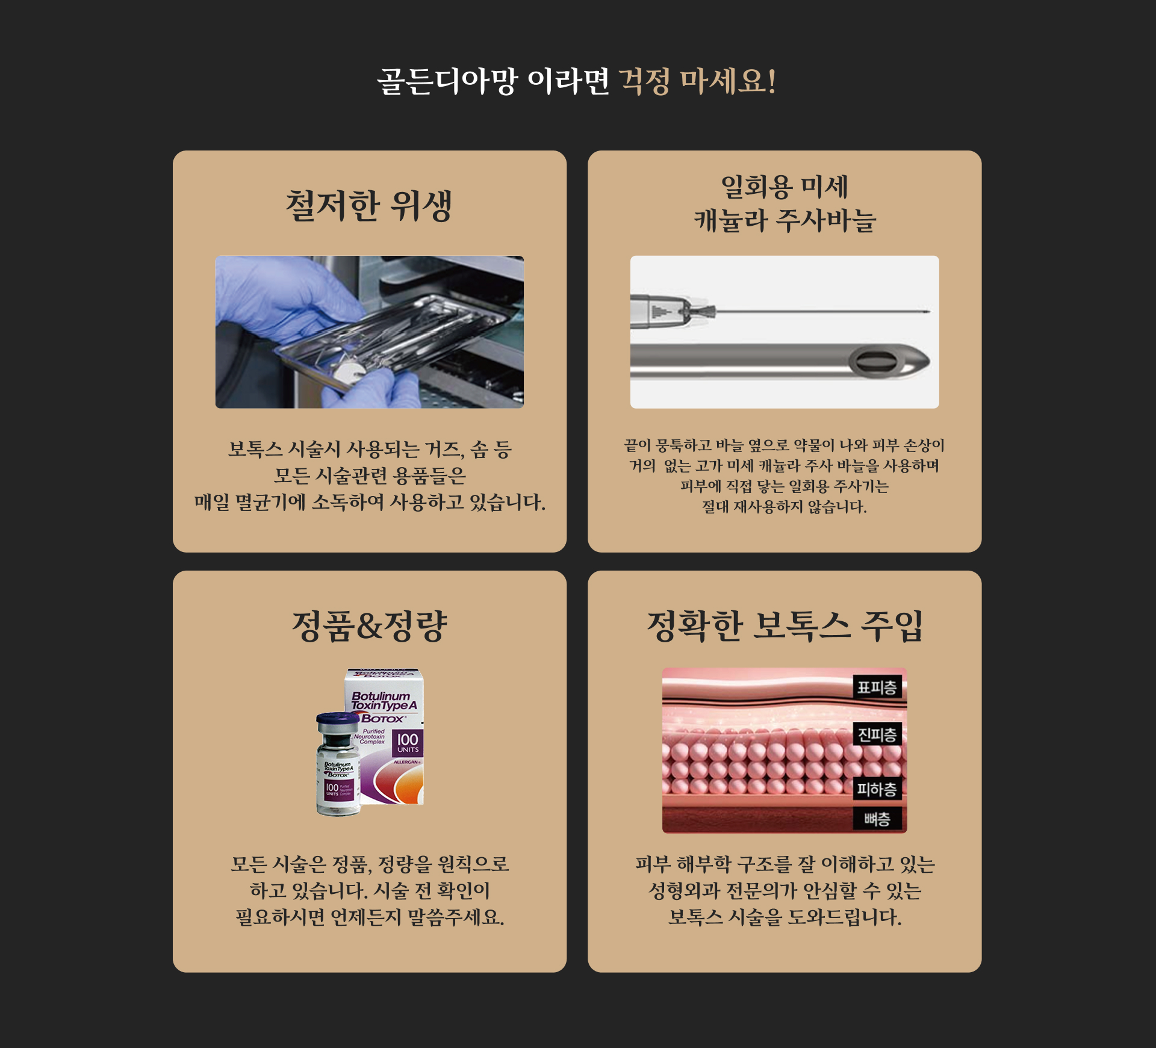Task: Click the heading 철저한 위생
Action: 369,206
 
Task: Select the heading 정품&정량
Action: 369,626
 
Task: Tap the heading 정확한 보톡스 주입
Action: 785,626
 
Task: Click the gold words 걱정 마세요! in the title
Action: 698,81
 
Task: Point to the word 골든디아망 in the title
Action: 447,81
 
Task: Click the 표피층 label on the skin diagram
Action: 877,687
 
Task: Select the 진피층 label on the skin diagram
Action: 877,734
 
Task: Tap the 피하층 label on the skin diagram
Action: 877,789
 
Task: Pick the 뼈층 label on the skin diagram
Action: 877,819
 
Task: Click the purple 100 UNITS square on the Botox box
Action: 408,743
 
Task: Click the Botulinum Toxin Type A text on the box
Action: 384,701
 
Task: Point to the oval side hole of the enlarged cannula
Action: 877,362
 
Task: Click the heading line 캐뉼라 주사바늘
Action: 785,220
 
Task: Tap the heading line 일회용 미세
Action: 785,187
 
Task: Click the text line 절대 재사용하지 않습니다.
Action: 785,507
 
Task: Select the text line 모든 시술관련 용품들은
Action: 370,476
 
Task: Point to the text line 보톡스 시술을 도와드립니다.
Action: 785,917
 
